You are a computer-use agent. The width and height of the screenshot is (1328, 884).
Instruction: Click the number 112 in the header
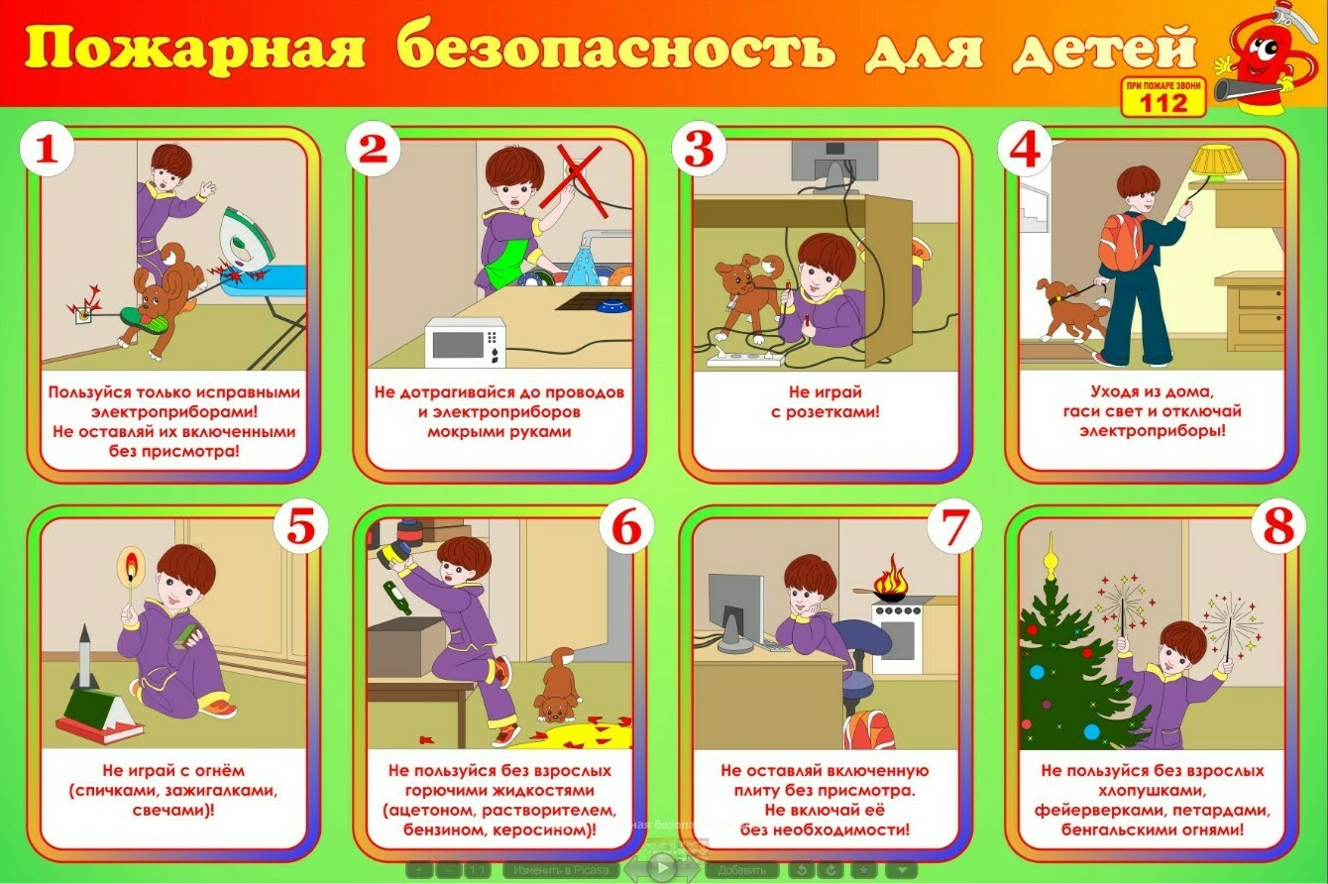coord(1163,104)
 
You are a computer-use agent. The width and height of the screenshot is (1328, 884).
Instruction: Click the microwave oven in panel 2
coord(466,343)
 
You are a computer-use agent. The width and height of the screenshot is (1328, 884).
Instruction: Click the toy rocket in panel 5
coord(84,658)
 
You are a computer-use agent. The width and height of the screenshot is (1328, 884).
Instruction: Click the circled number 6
coord(626,526)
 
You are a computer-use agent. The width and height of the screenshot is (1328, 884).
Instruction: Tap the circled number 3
coord(699,149)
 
